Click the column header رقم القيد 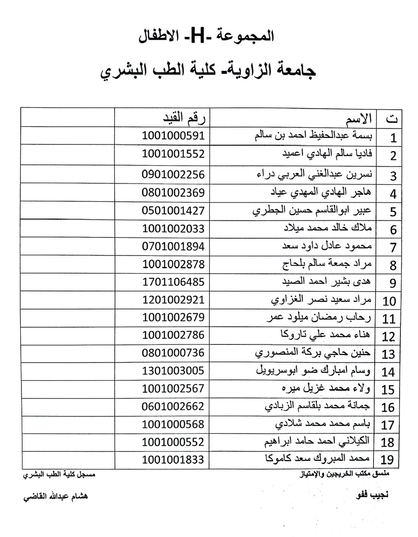[x=185, y=118]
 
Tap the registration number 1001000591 [x=173, y=136]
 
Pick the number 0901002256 [x=173, y=175]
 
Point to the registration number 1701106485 [x=173, y=282]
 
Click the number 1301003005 [x=173, y=371]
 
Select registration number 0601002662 [x=173, y=407]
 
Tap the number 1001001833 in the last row [x=173, y=459]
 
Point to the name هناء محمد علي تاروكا [x=326, y=335]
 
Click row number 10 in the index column [x=389, y=301]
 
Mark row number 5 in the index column [x=393, y=211]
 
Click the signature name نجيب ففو [x=372, y=495]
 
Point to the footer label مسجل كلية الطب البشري [x=59, y=475]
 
